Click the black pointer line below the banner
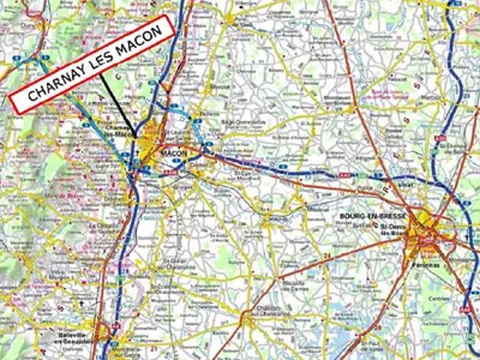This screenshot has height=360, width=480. click(116, 104)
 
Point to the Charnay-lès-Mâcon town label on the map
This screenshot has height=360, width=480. click(120, 130)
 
